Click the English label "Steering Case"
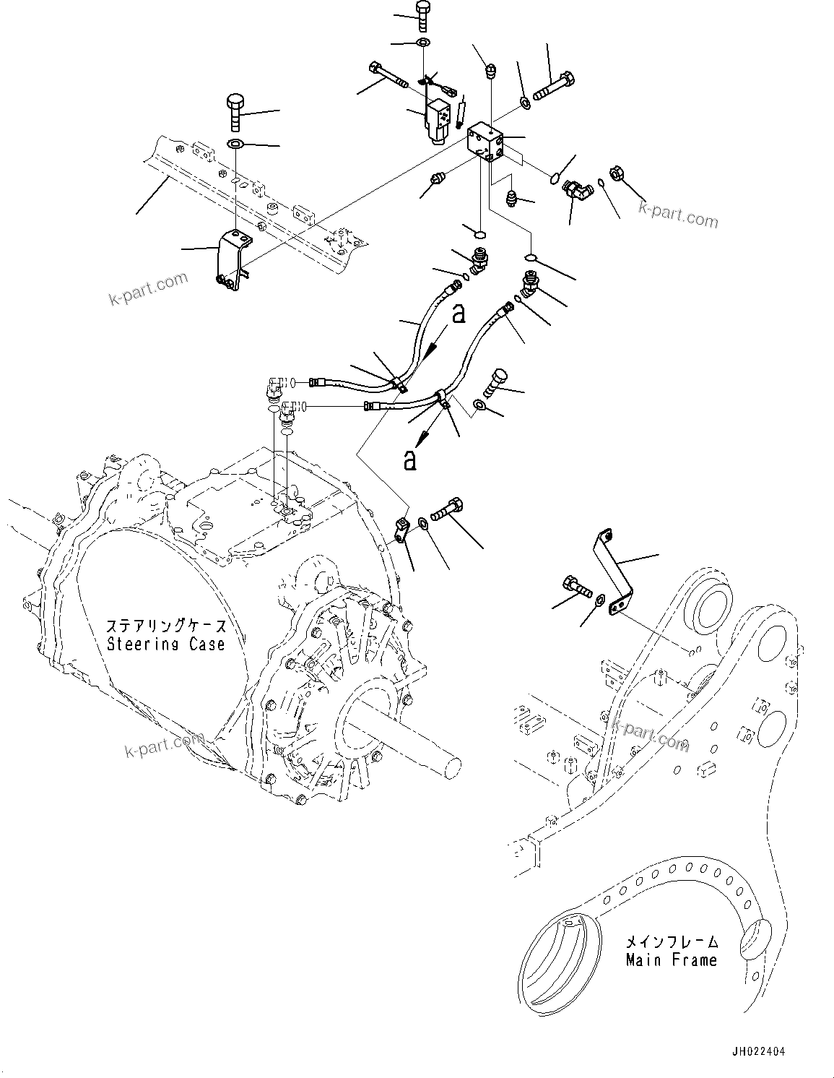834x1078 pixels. [x=166, y=644]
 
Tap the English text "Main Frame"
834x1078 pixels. [x=671, y=960]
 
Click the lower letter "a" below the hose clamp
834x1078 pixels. [x=410, y=460]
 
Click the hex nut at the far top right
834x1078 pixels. [x=618, y=173]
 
